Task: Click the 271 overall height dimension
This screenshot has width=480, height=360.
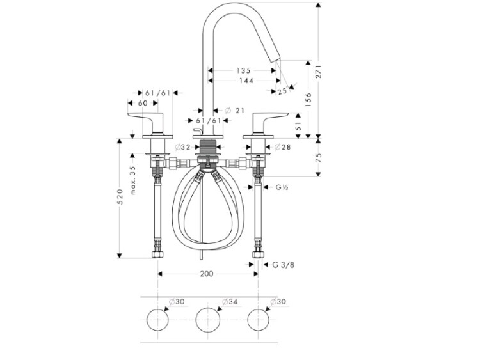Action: (319, 72)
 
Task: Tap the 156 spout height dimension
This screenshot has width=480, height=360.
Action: (308, 99)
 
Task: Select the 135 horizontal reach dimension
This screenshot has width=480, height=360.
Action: (243, 70)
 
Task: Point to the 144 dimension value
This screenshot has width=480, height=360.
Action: (246, 81)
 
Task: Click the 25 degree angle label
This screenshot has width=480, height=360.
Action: (282, 91)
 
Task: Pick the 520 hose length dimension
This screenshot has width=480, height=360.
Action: (120, 197)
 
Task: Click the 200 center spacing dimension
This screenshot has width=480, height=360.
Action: (207, 274)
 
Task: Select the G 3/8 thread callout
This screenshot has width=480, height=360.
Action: (284, 265)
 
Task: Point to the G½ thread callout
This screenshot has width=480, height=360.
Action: (282, 187)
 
